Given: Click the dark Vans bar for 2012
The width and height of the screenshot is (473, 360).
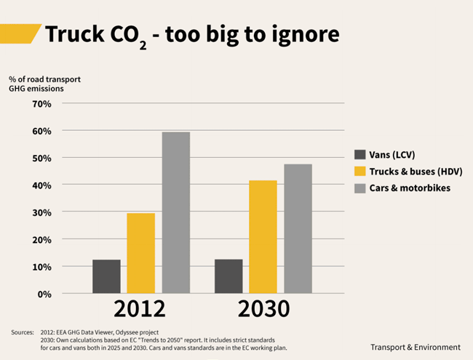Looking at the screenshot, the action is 106,276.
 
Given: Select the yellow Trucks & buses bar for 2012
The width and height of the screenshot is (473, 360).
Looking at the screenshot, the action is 141,253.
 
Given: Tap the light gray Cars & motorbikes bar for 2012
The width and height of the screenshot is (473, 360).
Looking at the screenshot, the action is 176,212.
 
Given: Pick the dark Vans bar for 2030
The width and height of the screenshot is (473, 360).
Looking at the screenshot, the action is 228,276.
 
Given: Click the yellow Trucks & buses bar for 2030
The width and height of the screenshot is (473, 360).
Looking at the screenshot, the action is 263,236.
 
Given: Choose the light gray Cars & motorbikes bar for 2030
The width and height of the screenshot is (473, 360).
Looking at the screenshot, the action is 298,228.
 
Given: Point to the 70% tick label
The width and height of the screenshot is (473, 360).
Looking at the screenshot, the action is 42,104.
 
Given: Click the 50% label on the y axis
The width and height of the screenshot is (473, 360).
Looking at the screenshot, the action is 42,159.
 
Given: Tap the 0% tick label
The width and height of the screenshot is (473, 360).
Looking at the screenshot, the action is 44,295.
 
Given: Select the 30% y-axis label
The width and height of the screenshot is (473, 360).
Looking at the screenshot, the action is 42,212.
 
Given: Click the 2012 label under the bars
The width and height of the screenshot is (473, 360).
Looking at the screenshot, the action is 140,309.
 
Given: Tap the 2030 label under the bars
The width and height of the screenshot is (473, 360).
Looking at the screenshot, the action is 263,309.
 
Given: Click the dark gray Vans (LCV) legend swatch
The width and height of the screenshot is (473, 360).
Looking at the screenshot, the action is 360,155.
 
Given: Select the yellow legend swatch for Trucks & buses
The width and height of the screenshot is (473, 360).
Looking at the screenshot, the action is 360,171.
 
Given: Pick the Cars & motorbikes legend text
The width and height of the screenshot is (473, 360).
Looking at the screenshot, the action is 410,188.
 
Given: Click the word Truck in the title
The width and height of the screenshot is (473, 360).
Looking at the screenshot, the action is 75,33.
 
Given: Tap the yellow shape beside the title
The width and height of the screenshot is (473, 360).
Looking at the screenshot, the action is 19,33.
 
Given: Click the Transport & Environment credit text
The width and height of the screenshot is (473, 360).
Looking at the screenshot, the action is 416,348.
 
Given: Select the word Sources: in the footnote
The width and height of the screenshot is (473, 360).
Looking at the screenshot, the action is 23,332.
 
